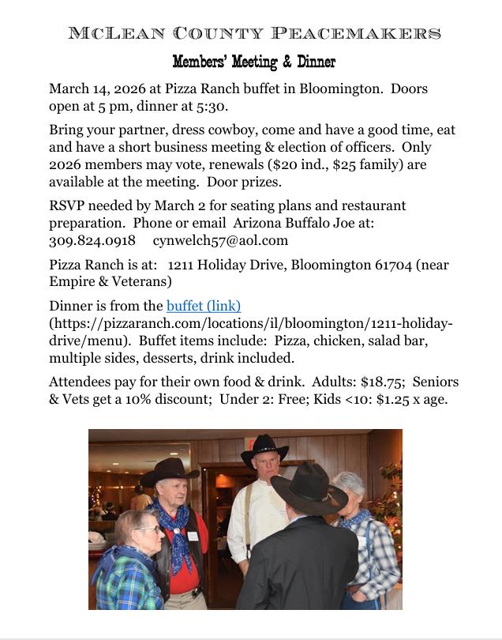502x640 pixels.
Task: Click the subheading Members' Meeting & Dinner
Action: click(254, 62)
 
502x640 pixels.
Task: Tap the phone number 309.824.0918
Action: click(92, 240)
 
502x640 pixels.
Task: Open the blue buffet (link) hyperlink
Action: click(204, 306)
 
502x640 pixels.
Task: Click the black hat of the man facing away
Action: click(309, 487)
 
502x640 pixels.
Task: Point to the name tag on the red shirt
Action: click(193, 535)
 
